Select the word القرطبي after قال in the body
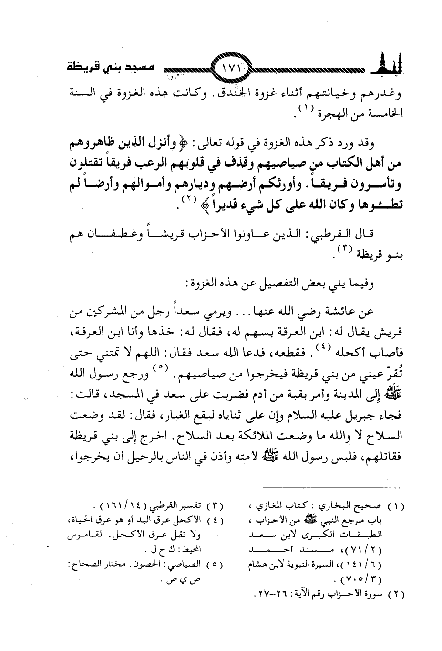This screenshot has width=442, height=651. point(337,233)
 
